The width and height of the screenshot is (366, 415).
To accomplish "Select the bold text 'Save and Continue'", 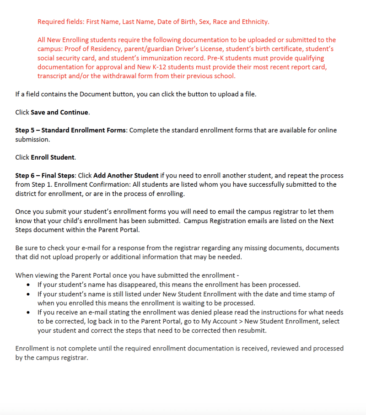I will pos(59,112).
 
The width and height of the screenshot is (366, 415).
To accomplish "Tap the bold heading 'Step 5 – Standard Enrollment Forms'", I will pos(71,130).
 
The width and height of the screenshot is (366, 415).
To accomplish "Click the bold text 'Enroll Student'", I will pos(53,157).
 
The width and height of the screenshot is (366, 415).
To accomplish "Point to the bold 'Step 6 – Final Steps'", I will pos(45,176).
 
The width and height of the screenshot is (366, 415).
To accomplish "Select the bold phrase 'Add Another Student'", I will pos(126,176).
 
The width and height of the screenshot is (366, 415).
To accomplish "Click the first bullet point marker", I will pos(28,285).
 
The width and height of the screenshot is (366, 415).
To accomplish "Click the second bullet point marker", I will pos(28,294).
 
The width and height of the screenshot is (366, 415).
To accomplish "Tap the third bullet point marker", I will pos(28,312).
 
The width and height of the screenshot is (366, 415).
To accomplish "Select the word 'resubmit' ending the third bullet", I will pos(252,330).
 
